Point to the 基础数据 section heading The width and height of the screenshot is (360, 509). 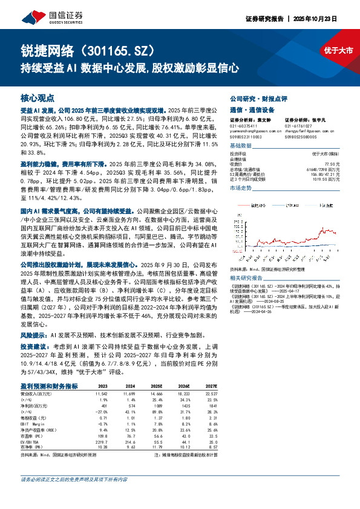click(x=241, y=146)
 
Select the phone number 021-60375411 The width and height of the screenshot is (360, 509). click(x=244, y=125)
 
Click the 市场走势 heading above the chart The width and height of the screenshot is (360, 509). click(x=241, y=189)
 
